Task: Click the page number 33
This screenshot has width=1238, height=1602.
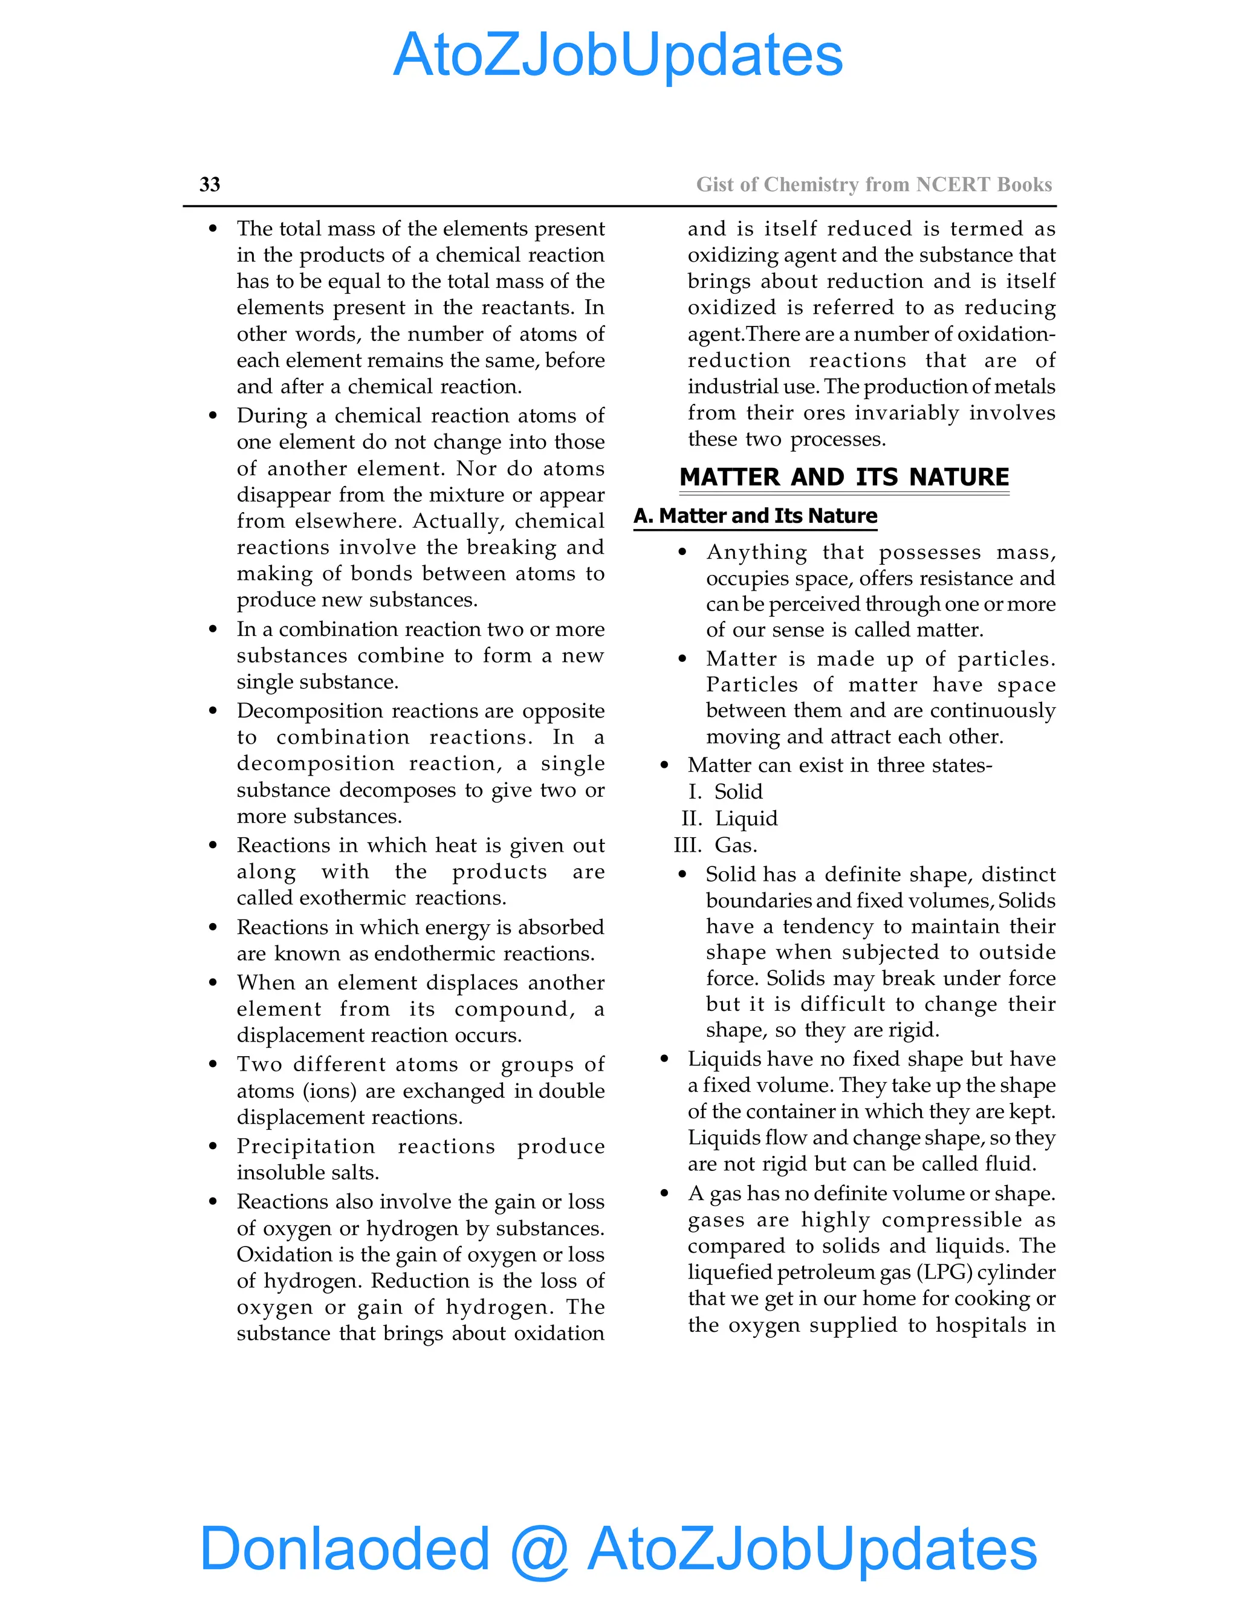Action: coord(210,184)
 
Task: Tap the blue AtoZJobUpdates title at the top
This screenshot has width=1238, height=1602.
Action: coord(618,55)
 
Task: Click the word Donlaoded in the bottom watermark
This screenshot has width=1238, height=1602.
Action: coord(344,1548)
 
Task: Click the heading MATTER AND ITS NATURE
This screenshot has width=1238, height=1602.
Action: coord(844,477)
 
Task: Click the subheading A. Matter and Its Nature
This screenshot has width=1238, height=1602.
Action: coord(756,516)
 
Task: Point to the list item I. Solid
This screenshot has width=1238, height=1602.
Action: coord(726,791)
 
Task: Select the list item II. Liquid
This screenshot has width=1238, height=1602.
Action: coord(730,818)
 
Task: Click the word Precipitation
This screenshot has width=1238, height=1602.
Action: coord(306,1146)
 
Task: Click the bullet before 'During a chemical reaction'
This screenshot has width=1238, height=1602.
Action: coord(213,416)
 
